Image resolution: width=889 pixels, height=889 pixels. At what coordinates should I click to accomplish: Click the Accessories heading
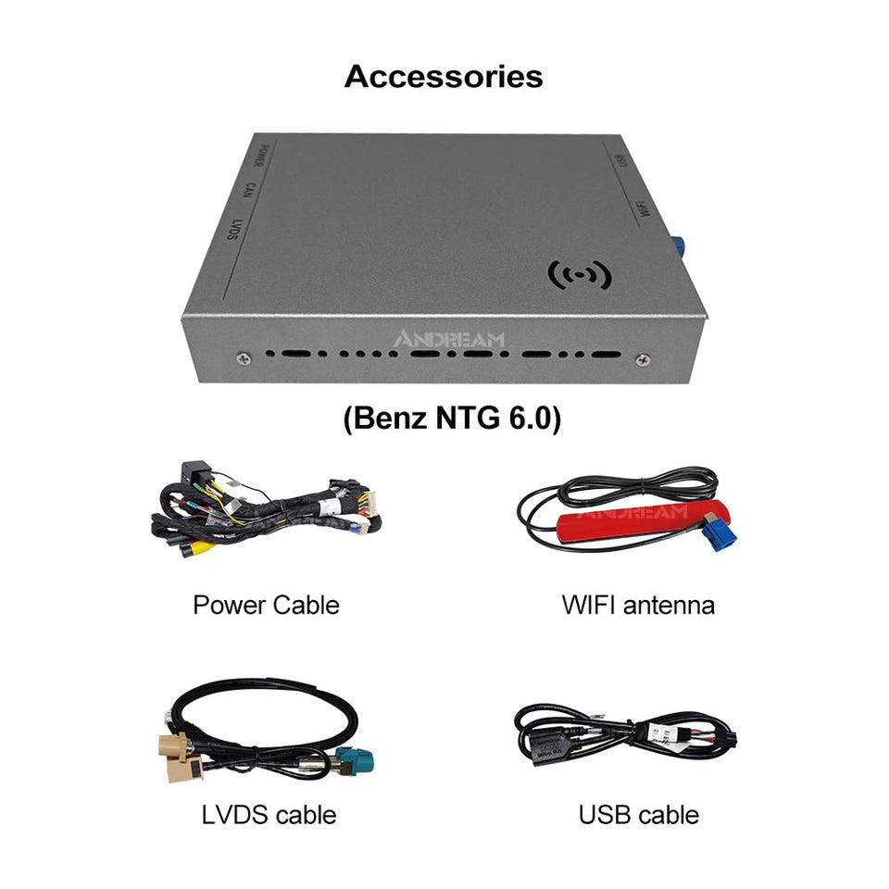(x=444, y=76)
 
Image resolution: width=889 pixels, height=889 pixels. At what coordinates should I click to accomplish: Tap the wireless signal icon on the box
(x=580, y=274)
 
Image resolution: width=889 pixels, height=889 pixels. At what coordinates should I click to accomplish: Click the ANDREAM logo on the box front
(x=449, y=340)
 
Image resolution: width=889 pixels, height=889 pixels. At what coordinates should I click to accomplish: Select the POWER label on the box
(x=264, y=159)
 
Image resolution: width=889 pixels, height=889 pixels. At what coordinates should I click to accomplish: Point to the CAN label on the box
(x=248, y=192)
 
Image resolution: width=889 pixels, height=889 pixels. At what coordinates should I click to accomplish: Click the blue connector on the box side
(x=678, y=247)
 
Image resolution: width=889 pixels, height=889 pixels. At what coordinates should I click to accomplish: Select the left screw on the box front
(x=243, y=358)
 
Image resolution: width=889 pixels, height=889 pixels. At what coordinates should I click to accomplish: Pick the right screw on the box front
(x=644, y=359)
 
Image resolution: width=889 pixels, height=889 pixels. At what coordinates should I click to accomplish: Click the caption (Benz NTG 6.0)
(x=452, y=419)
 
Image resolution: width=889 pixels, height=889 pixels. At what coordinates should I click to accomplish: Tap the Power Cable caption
(x=266, y=606)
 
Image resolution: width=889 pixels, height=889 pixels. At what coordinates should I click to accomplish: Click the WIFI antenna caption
(x=638, y=606)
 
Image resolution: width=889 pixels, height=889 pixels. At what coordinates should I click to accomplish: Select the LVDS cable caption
(x=269, y=815)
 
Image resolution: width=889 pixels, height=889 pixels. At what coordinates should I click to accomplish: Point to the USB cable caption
(x=638, y=815)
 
